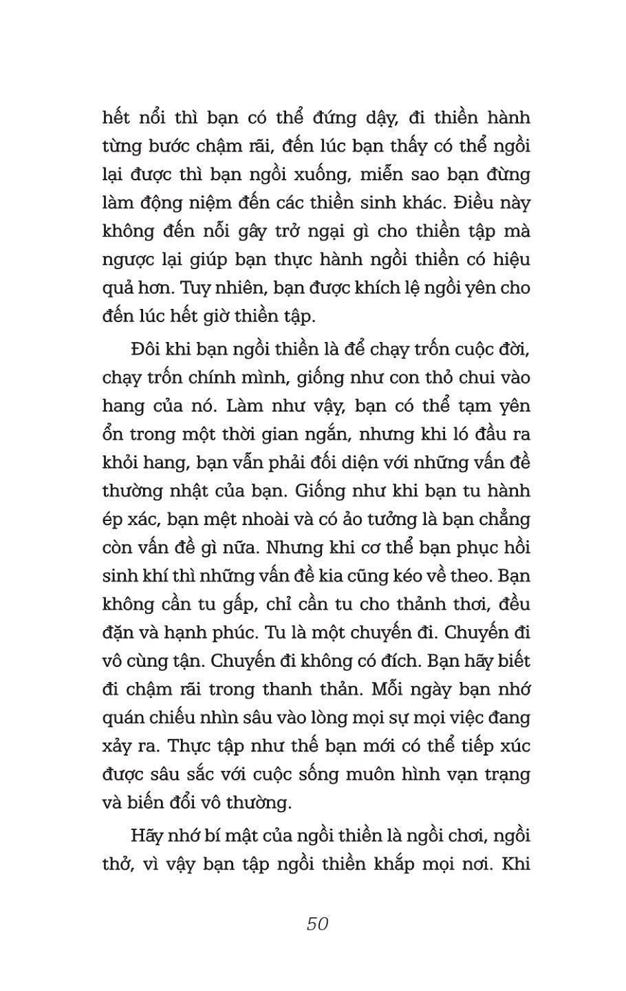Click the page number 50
tap(317, 924)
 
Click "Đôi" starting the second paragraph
tap(147, 350)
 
